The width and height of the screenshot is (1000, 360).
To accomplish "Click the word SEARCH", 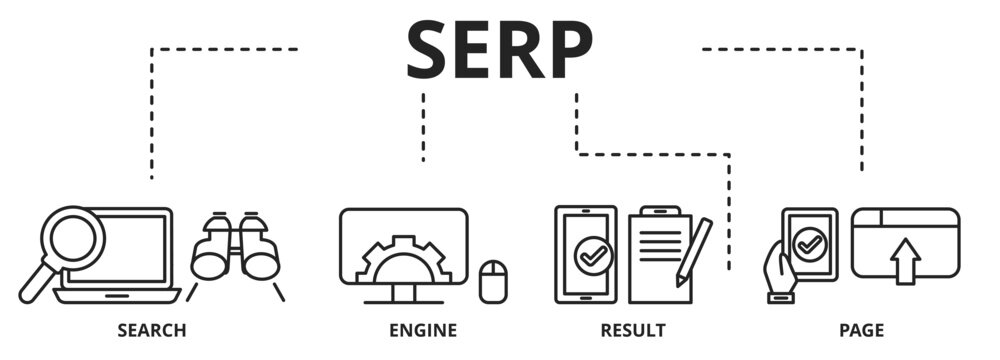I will (x=151, y=329).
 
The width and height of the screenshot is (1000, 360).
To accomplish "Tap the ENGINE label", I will (x=423, y=329).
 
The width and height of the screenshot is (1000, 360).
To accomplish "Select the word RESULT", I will (x=633, y=329).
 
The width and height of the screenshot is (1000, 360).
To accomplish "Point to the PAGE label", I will (x=861, y=329).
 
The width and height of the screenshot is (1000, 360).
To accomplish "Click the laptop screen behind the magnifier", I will (x=135, y=245).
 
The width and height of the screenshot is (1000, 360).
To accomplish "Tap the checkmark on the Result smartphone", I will (x=585, y=255).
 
